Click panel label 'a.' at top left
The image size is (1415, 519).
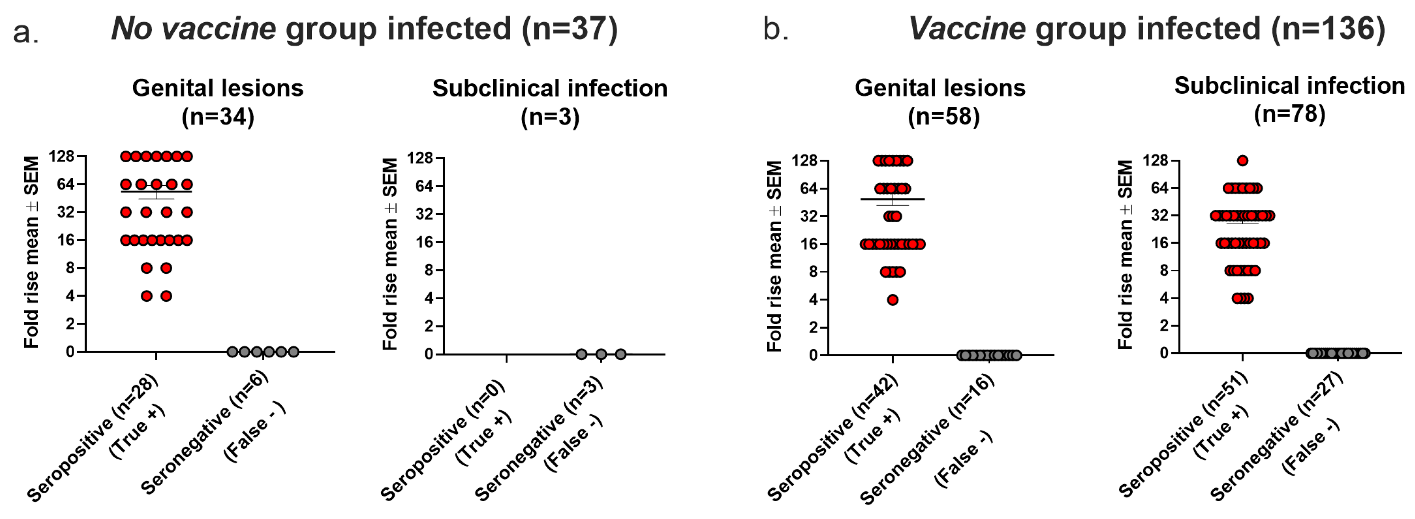tap(25, 32)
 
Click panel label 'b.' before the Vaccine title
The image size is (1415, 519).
tap(775, 29)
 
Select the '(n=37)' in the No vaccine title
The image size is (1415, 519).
tap(570, 29)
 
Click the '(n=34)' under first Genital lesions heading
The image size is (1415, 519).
tap(218, 117)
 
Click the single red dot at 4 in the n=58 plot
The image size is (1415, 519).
tap(892, 300)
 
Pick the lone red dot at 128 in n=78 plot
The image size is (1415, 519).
tap(1243, 160)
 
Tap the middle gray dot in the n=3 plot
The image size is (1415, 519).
tap(601, 354)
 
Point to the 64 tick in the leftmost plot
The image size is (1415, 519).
tap(66, 184)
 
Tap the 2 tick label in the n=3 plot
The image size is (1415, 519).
tap(429, 326)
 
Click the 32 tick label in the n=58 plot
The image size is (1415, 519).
tap(809, 216)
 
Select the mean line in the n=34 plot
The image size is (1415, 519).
tap(156, 191)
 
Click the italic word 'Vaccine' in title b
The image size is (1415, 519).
tap(967, 29)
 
